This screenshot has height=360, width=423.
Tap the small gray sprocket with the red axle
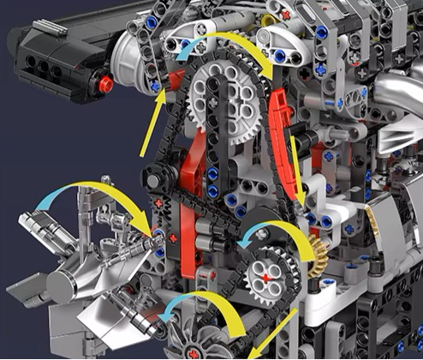point(268,276)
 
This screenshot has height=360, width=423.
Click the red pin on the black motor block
point(105,84)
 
